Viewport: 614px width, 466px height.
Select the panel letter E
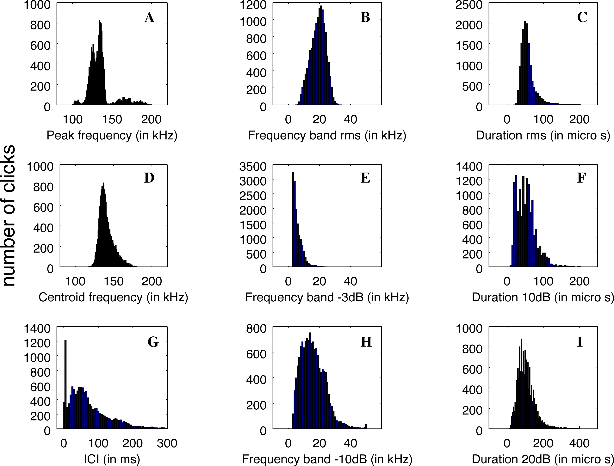pyautogui.click(x=365, y=178)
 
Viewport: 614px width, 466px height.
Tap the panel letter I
pyautogui.click(x=580, y=342)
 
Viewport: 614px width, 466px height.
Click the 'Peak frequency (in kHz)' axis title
pyautogui.click(x=112, y=135)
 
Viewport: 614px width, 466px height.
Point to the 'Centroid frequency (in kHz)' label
pyautogui.click(x=113, y=297)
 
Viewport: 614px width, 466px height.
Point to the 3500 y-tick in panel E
pyautogui.click(x=253, y=167)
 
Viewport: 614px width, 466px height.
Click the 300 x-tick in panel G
pyautogui.click(x=167, y=443)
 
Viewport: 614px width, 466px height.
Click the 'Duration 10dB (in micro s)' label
pyautogui.click(x=543, y=297)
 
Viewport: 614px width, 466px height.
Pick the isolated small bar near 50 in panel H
pyautogui.click(x=366, y=426)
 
